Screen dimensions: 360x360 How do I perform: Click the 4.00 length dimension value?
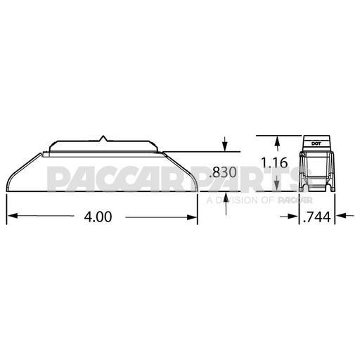(x=98, y=217)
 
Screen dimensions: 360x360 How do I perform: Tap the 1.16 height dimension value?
(x=274, y=163)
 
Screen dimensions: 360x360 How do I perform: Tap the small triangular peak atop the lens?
(x=102, y=137)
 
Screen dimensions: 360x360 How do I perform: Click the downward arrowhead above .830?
(x=224, y=146)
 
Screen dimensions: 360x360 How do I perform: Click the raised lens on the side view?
(x=102, y=146)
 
